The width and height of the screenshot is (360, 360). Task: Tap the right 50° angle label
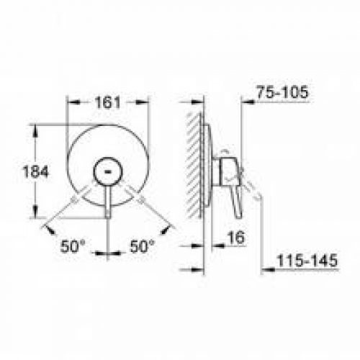coord(143,246)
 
